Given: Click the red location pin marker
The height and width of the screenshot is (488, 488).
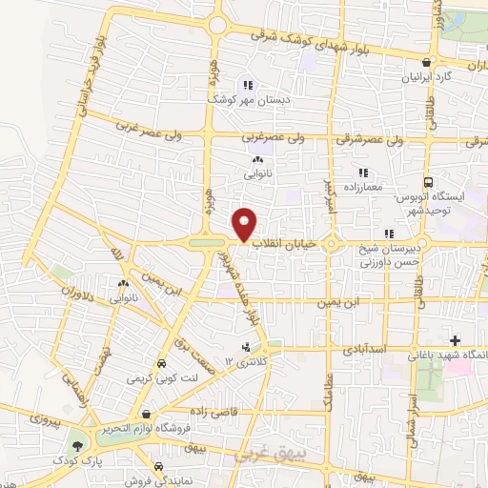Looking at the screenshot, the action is click(245, 225).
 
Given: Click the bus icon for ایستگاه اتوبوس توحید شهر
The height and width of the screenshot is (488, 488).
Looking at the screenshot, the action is click(428, 181).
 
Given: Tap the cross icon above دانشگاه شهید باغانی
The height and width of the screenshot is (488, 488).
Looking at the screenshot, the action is click(455, 340).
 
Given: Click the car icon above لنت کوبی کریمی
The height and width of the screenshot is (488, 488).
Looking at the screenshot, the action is click(162, 364).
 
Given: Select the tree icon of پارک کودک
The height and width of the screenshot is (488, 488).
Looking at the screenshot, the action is click(75, 444).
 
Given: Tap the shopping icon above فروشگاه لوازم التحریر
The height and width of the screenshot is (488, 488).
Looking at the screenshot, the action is click(146, 415).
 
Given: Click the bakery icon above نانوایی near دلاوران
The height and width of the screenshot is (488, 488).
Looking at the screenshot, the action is click(122, 284).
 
